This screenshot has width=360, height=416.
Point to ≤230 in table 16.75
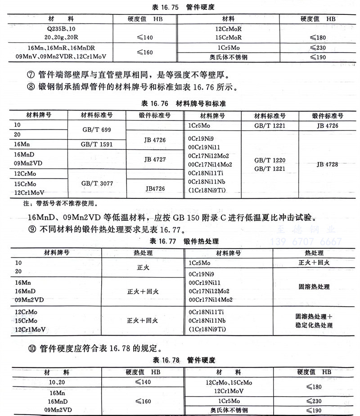(x=318, y=48)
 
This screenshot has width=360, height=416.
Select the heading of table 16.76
(x=180, y=104)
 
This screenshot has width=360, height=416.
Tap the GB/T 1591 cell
(x=96, y=144)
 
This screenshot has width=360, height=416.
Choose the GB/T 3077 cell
(x=96, y=183)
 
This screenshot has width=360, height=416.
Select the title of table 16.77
(x=180, y=242)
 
